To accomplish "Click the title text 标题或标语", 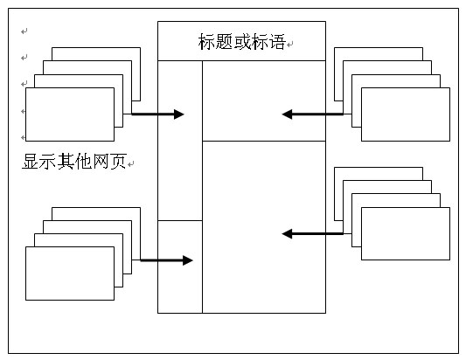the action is coord(242,42).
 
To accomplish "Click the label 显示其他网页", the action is coord(74,162).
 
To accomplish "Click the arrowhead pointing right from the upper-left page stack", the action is coord(179,114).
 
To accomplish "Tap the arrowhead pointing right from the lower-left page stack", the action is coord(187,260).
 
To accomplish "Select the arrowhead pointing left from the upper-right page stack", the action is coord(287,114).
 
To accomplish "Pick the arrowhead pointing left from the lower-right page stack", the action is coord(287,234).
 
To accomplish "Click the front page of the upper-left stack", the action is coord(70,114).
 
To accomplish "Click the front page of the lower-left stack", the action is coord(70,273).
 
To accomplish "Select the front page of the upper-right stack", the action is coord(406,114).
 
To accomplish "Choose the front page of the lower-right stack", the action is coord(406,234).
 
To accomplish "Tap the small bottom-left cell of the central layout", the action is coord(180,267).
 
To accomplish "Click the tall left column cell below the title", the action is coord(180,141).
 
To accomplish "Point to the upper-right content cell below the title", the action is coord(264,101).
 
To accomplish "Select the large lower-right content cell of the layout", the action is coord(264,227).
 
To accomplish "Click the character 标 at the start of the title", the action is coord(206,42).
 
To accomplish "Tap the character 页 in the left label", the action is coord(118,162).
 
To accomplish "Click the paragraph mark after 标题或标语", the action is coord(289,45).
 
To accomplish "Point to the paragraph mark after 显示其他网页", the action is coord(131,164).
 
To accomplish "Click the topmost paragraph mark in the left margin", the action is coord(24,31).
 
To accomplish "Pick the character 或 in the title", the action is coord(242,42).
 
